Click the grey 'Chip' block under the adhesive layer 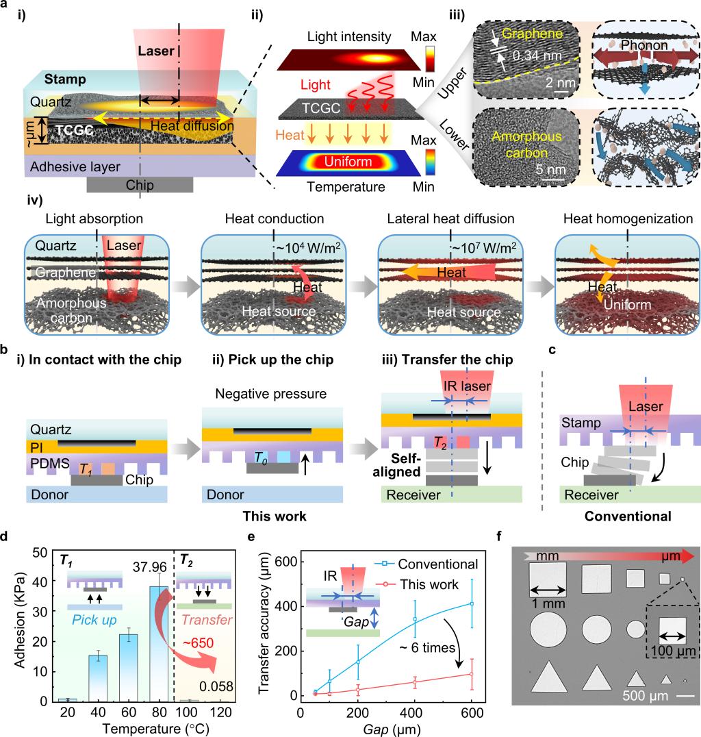click(x=140, y=186)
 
